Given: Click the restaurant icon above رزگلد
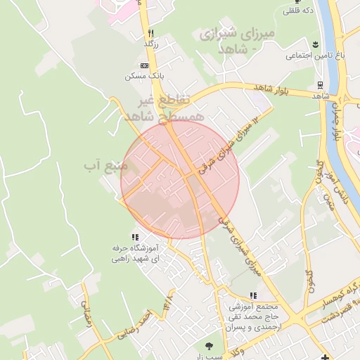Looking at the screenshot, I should (x=150, y=33).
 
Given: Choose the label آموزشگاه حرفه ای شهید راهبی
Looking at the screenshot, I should (x=135, y=253).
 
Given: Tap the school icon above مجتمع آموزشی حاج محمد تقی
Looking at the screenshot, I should (x=253, y=296).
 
